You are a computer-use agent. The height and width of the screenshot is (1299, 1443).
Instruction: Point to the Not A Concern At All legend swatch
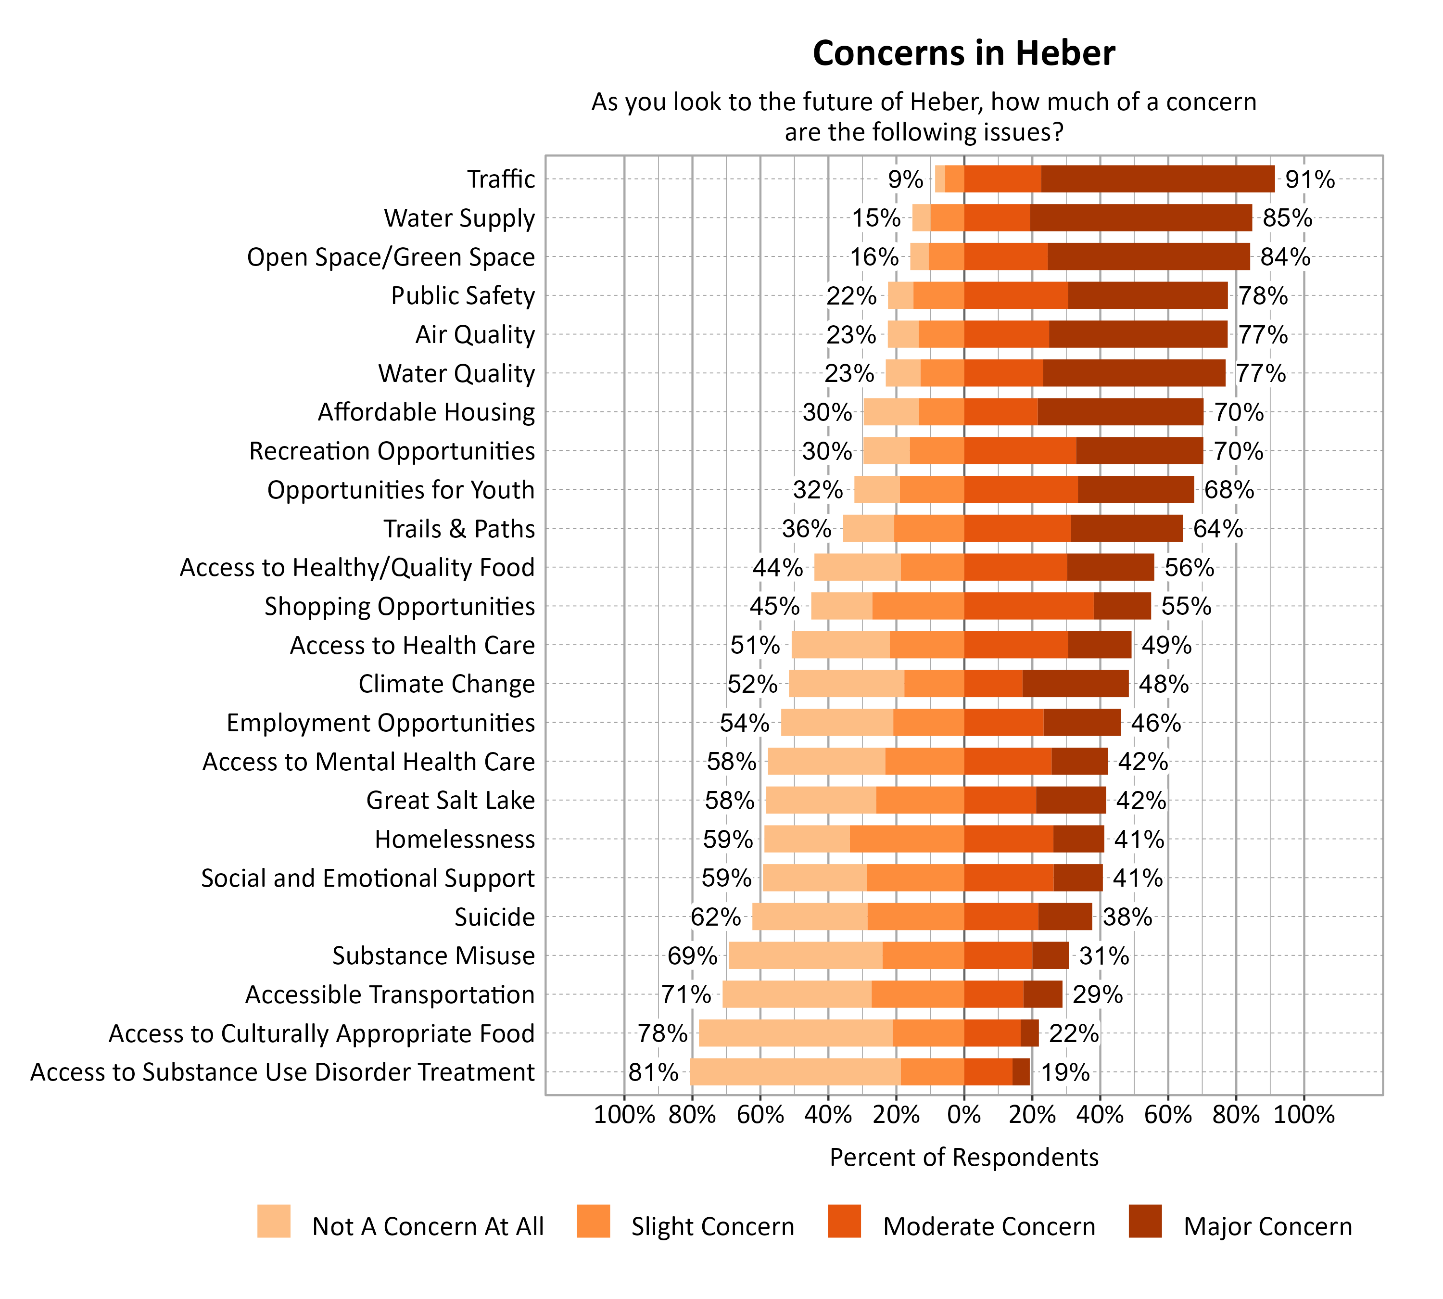274,1221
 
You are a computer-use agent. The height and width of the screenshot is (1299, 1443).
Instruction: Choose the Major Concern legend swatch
1145,1221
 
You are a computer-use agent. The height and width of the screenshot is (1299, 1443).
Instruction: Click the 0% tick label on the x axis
963,1115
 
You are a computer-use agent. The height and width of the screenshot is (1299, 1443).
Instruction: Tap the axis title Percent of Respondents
963,1157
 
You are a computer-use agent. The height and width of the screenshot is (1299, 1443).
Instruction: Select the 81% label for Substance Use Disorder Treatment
653,1072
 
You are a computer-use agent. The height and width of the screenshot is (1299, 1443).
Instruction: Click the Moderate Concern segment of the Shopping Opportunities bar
1028,606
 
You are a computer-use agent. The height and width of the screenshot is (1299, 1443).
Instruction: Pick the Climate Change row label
446,684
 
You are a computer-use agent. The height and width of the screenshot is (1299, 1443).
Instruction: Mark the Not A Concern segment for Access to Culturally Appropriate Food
795,1033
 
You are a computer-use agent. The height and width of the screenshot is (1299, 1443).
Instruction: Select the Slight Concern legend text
712,1226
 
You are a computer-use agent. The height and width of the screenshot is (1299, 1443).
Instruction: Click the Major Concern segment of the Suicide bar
1065,917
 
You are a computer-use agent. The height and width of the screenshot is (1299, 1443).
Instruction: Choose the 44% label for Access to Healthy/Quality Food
777,567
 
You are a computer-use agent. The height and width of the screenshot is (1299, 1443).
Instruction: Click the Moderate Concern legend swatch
844,1221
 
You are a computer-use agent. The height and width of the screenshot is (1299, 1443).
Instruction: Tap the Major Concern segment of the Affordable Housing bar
1120,412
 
